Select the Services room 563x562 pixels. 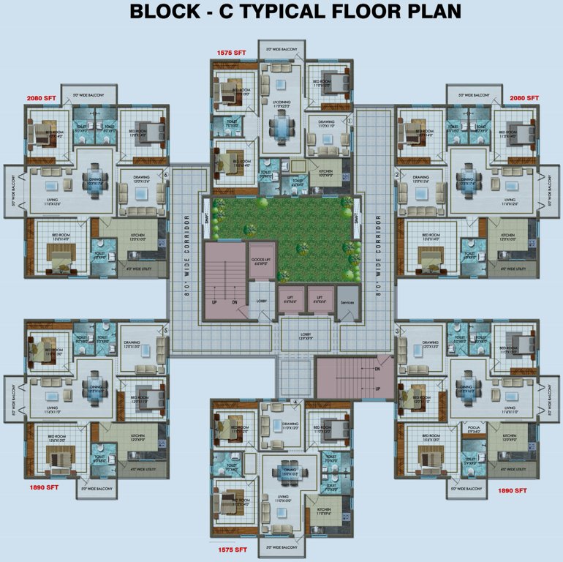tap(347, 301)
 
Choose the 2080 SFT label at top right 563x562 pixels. tap(524, 97)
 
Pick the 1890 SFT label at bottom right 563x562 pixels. tap(513, 491)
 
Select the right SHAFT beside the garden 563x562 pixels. tap(356, 217)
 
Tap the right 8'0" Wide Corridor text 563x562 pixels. tap(377, 252)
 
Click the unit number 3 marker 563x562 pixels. tap(398, 331)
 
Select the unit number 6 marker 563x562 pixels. tap(167, 174)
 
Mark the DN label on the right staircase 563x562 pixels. tap(377, 370)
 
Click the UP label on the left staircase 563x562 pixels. tap(214, 301)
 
